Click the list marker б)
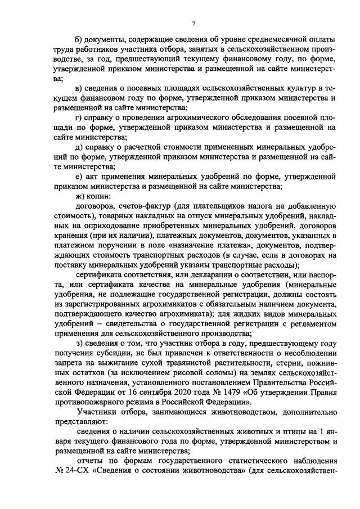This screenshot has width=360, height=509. coord(79,39)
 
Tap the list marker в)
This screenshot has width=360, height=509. coord(79,88)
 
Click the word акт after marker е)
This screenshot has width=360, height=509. coord(94,177)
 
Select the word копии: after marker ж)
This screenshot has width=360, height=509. coord(98,196)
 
